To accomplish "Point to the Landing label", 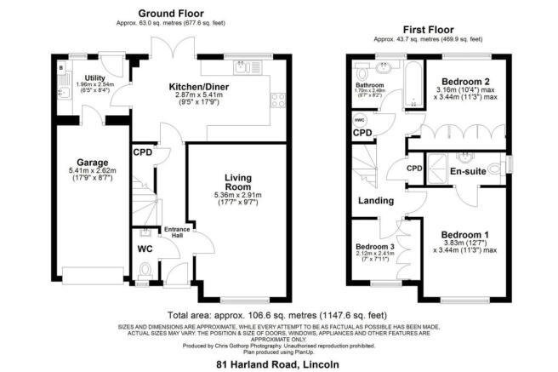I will [x=375, y=201].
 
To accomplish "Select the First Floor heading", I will [x=428, y=28].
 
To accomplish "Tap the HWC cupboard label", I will [x=358, y=120].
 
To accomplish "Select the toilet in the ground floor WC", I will [x=144, y=272].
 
